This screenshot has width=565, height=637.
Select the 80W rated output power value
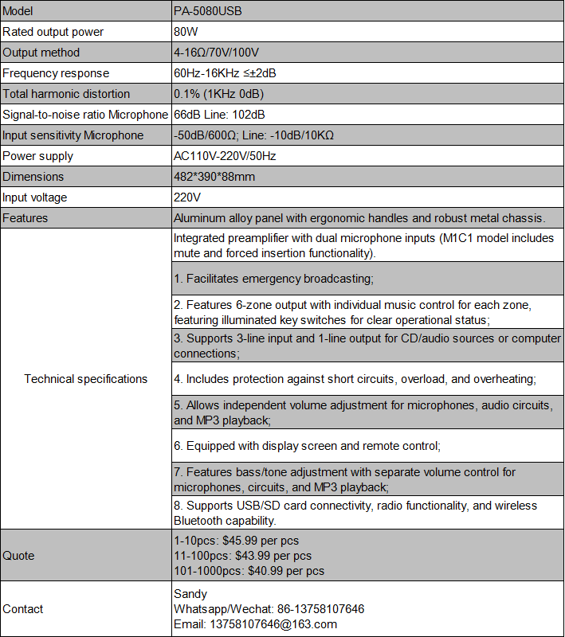point(186,32)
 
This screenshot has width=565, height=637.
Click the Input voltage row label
point(35,197)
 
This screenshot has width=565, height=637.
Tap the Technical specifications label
point(86,379)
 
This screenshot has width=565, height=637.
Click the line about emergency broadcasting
point(274,279)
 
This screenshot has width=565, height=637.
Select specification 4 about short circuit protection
point(355,379)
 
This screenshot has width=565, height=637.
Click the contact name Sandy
point(190,594)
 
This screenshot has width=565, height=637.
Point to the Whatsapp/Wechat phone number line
point(269,609)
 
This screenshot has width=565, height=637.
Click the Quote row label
point(19,556)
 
